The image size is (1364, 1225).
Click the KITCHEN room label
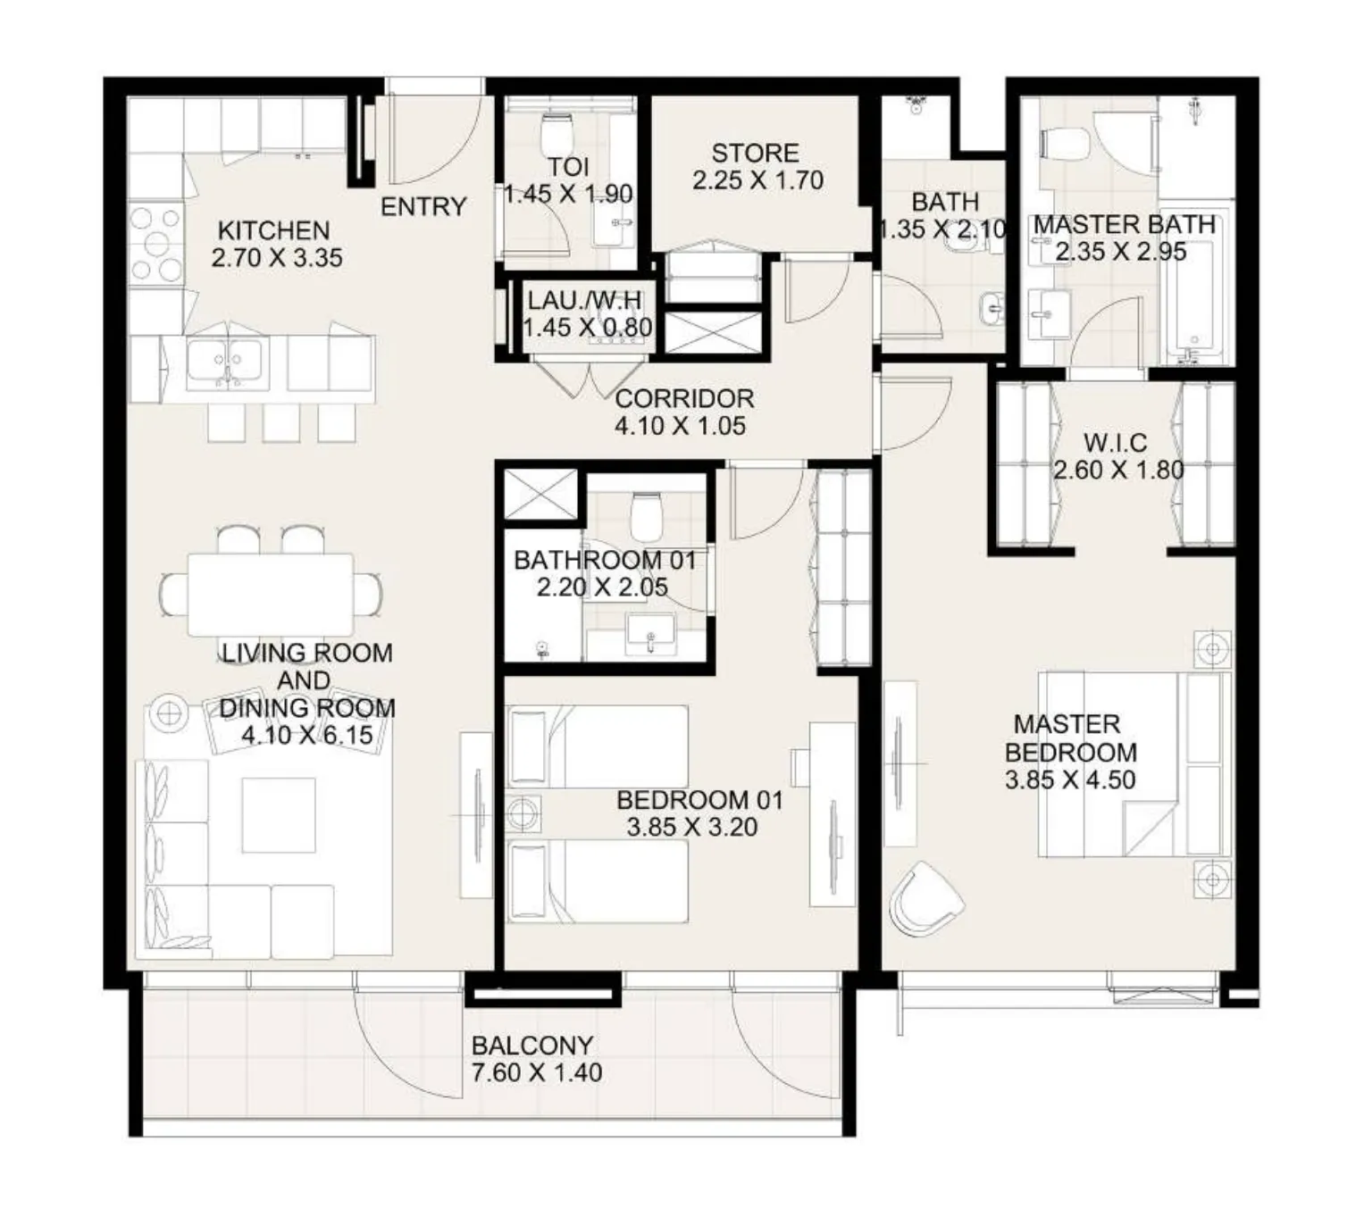tap(273, 230)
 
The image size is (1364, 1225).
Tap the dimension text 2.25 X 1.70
tap(757, 180)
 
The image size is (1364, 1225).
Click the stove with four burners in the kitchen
tap(156, 244)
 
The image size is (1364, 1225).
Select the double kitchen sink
tap(227, 364)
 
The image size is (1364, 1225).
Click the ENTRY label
tap(423, 207)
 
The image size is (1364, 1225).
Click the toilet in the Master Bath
tap(1066, 144)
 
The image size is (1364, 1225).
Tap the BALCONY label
tap(531, 1045)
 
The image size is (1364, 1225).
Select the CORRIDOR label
tap(684, 398)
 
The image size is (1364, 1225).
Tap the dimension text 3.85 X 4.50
tap(1070, 780)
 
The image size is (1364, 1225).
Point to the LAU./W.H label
tap(584, 300)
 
